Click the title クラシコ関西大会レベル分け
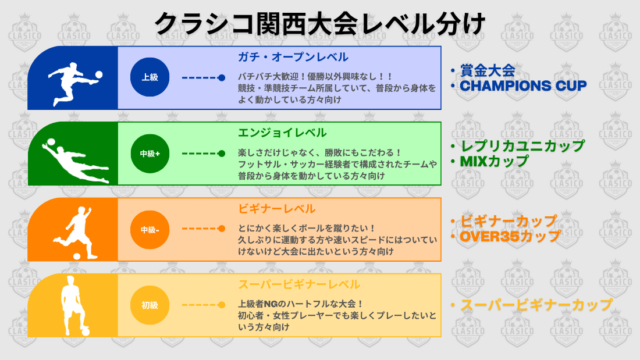(x=319, y=24)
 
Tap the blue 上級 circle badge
(x=150, y=77)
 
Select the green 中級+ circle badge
(x=150, y=154)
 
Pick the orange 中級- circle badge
(x=150, y=229)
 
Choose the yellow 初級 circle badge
(x=150, y=305)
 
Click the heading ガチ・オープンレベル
(x=293, y=57)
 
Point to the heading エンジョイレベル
(x=282, y=133)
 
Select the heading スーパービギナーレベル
(x=299, y=284)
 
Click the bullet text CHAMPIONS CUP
(x=523, y=85)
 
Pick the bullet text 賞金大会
(x=488, y=71)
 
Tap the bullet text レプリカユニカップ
(x=522, y=146)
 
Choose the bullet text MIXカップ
(x=494, y=161)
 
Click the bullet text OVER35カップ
(x=510, y=236)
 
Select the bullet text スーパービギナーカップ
(x=536, y=305)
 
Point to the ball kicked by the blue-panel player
(x=98, y=74)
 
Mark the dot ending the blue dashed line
(x=222, y=77)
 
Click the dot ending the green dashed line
(x=222, y=154)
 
